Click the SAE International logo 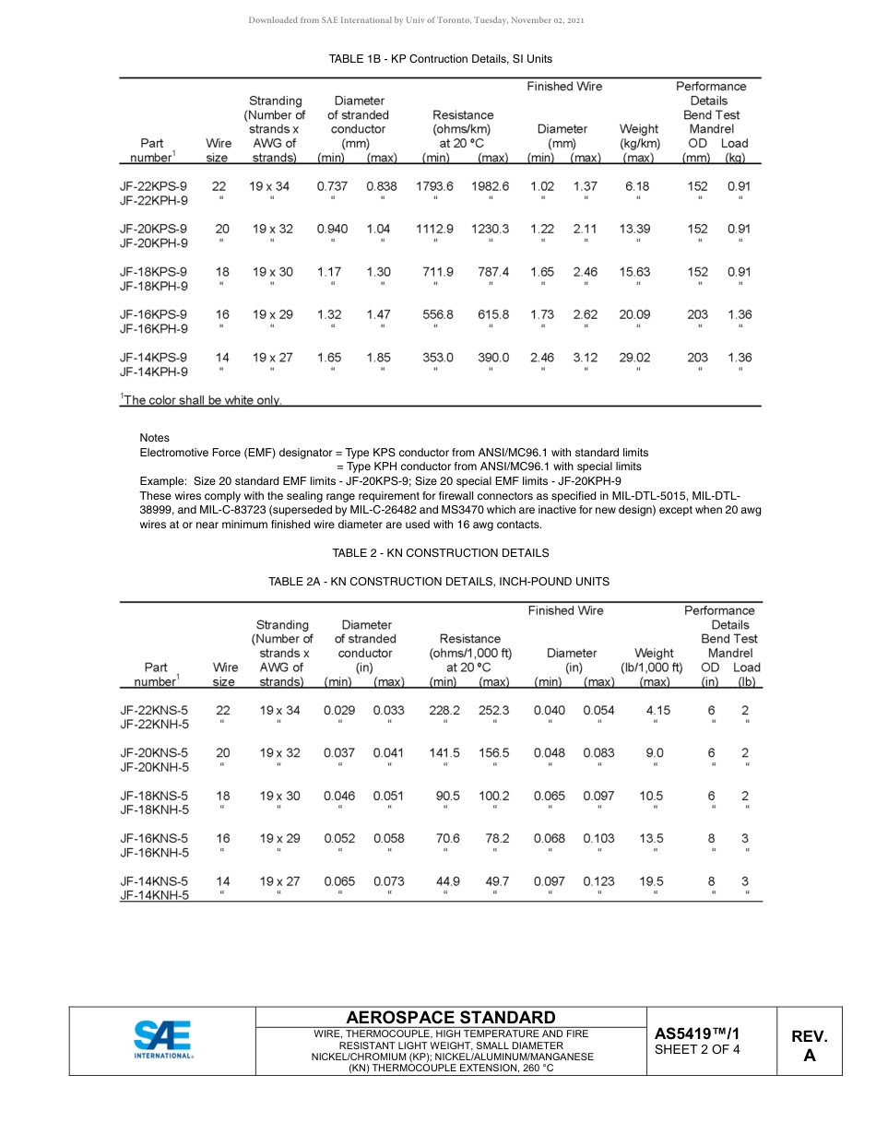point(163,1040)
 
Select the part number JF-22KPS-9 point(153,186)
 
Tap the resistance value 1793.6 point(434,186)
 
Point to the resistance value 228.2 point(445,710)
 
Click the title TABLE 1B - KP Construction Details point(440,59)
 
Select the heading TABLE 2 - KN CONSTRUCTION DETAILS point(440,553)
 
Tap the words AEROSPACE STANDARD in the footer point(450,1018)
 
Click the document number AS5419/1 point(696,1034)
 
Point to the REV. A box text point(809,1046)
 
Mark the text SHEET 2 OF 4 point(696,1051)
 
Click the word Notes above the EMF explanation point(154,438)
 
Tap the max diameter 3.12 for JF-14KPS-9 point(586,358)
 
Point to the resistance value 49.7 point(495,881)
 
